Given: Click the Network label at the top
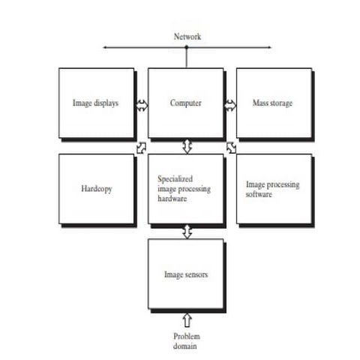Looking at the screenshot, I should (187, 36).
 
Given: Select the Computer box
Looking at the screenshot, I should (185, 103).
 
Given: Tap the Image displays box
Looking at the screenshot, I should (97, 103).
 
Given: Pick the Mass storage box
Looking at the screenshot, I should (274, 103).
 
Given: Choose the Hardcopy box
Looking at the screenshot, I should (97, 189).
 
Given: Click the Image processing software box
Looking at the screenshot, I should (274, 189).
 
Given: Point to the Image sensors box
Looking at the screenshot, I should (185, 274).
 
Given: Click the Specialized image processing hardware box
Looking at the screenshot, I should (185, 189).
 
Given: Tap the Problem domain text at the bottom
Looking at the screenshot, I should (187, 341).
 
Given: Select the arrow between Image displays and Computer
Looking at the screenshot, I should (141, 103).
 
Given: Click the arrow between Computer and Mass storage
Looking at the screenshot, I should (229, 103).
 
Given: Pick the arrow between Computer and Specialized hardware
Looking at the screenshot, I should (187, 145).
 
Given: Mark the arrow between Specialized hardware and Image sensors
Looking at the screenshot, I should (187, 232).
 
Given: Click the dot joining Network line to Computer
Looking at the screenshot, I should (187, 48).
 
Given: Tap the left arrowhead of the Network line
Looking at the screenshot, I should (105, 48).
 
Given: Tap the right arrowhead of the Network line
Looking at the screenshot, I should (268, 48).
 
